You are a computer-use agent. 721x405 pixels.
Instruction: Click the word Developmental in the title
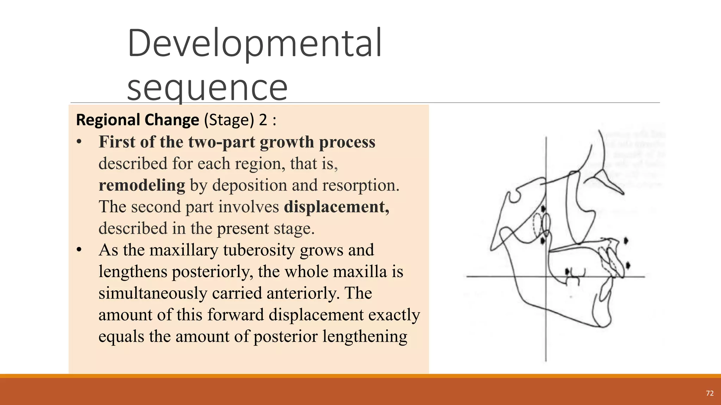(x=254, y=44)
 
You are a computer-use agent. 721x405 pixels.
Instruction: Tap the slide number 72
(x=710, y=393)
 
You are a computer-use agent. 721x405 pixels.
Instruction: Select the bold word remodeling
(x=142, y=185)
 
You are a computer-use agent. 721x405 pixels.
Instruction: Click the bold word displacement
(x=336, y=207)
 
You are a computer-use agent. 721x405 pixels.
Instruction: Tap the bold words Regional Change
(x=137, y=120)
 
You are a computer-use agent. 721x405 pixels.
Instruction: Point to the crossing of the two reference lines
(x=546, y=277)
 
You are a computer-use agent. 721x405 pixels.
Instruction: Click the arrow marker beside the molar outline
(x=567, y=272)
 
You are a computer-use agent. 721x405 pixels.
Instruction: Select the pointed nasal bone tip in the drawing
(x=622, y=193)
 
